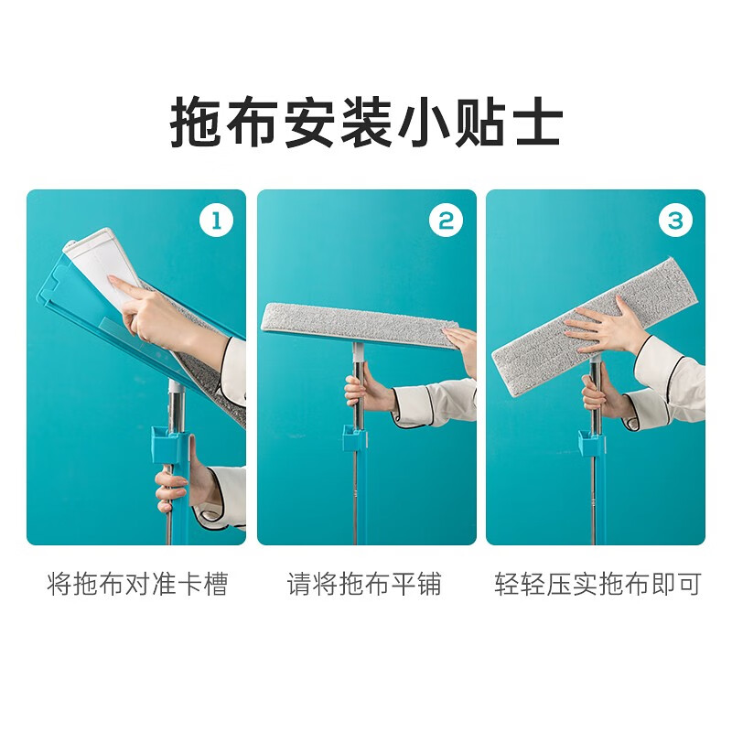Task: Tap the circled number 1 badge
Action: pyautogui.click(x=217, y=220)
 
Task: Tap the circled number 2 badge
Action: pyautogui.click(x=447, y=220)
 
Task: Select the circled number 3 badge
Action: pyautogui.click(x=675, y=220)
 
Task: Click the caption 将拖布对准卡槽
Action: pyautogui.click(x=136, y=584)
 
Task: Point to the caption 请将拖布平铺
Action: pyautogui.click(x=365, y=584)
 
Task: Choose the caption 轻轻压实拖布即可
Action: pyautogui.click(x=597, y=584)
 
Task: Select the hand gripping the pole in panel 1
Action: pyautogui.click(x=174, y=485)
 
